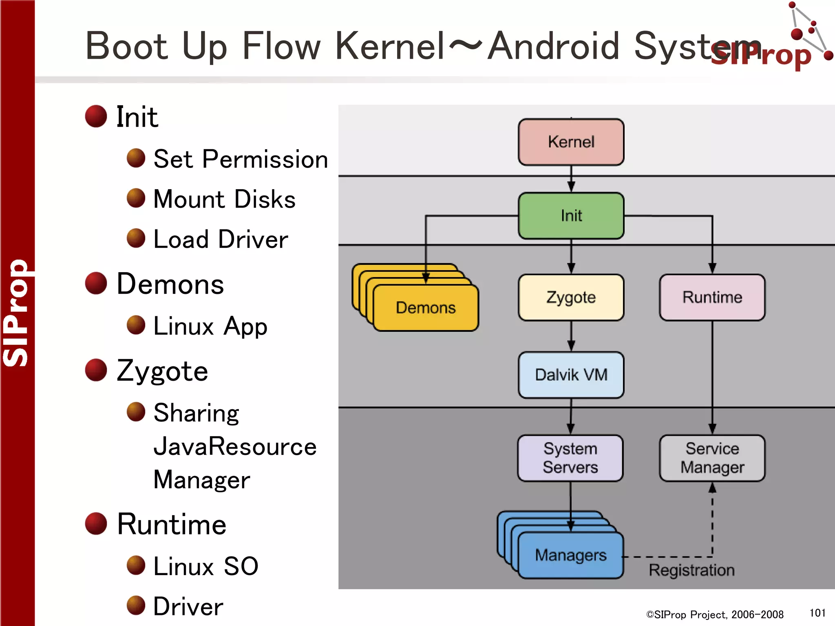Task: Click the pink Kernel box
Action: [x=571, y=142]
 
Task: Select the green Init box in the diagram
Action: [x=571, y=216]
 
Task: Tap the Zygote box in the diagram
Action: [x=571, y=297]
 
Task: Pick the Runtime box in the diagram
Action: [x=712, y=297]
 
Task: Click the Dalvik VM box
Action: [x=571, y=375]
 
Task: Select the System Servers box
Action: [x=570, y=458]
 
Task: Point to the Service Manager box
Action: [x=712, y=458]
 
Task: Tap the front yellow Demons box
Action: [x=425, y=308]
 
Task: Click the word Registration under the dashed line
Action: [x=691, y=570]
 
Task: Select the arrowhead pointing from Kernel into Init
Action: [x=571, y=187]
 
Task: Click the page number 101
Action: [x=817, y=613]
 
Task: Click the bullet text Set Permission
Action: [x=241, y=159]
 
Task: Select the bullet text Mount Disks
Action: [x=224, y=199]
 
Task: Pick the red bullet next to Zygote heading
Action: [x=96, y=370]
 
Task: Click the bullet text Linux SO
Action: [x=205, y=566]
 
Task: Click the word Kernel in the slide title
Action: [x=389, y=46]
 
